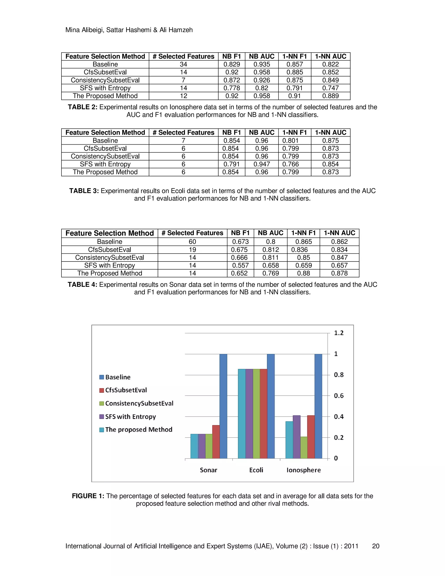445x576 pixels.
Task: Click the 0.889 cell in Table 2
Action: (x=330, y=96)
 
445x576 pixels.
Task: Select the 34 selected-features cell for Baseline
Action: (x=183, y=64)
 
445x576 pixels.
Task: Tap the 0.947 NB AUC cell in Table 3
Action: (x=262, y=164)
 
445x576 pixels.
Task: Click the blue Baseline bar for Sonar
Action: (x=223, y=406)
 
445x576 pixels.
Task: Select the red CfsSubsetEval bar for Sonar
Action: (x=216, y=442)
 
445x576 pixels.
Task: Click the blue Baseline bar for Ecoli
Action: (x=271, y=406)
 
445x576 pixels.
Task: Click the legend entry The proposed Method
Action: (x=138, y=430)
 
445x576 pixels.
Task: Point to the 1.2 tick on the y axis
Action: (x=339, y=333)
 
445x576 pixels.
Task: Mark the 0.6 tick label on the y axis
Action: (x=339, y=396)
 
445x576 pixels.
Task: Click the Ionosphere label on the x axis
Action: (x=303, y=470)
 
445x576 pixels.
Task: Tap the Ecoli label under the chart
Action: (x=256, y=470)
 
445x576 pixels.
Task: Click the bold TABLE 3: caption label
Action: (x=84, y=191)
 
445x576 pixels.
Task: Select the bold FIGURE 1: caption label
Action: (x=88, y=496)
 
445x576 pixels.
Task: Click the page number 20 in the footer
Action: (x=375, y=546)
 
